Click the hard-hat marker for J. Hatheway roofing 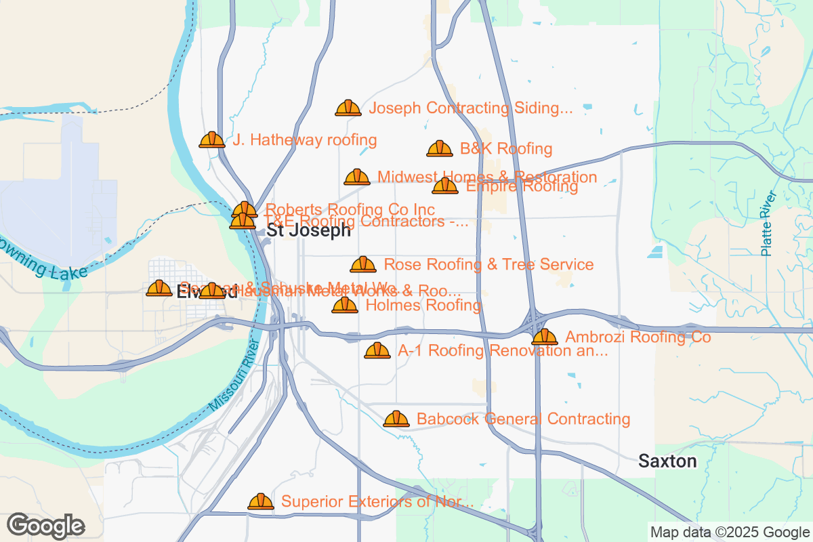[x=211, y=140]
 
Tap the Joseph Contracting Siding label [x=471, y=108]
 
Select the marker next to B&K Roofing [x=439, y=149]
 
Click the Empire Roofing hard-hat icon [x=445, y=186]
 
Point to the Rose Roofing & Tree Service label [x=488, y=264]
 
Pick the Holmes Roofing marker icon [x=344, y=306]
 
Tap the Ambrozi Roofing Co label [x=638, y=337]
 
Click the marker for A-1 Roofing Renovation [x=377, y=351]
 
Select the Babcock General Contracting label [x=523, y=419]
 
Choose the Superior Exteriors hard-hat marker [x=260, y=502]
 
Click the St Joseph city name [x=308, y=230]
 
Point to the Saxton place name [x=667, y=461]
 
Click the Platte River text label [x=768, y=224]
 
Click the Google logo [x=46, y=526]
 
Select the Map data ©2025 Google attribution [x=729, y=532]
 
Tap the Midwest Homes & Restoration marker [x=356, y=178]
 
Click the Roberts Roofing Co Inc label [x=350, y=209]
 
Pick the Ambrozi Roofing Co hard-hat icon [x=544, y=337]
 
